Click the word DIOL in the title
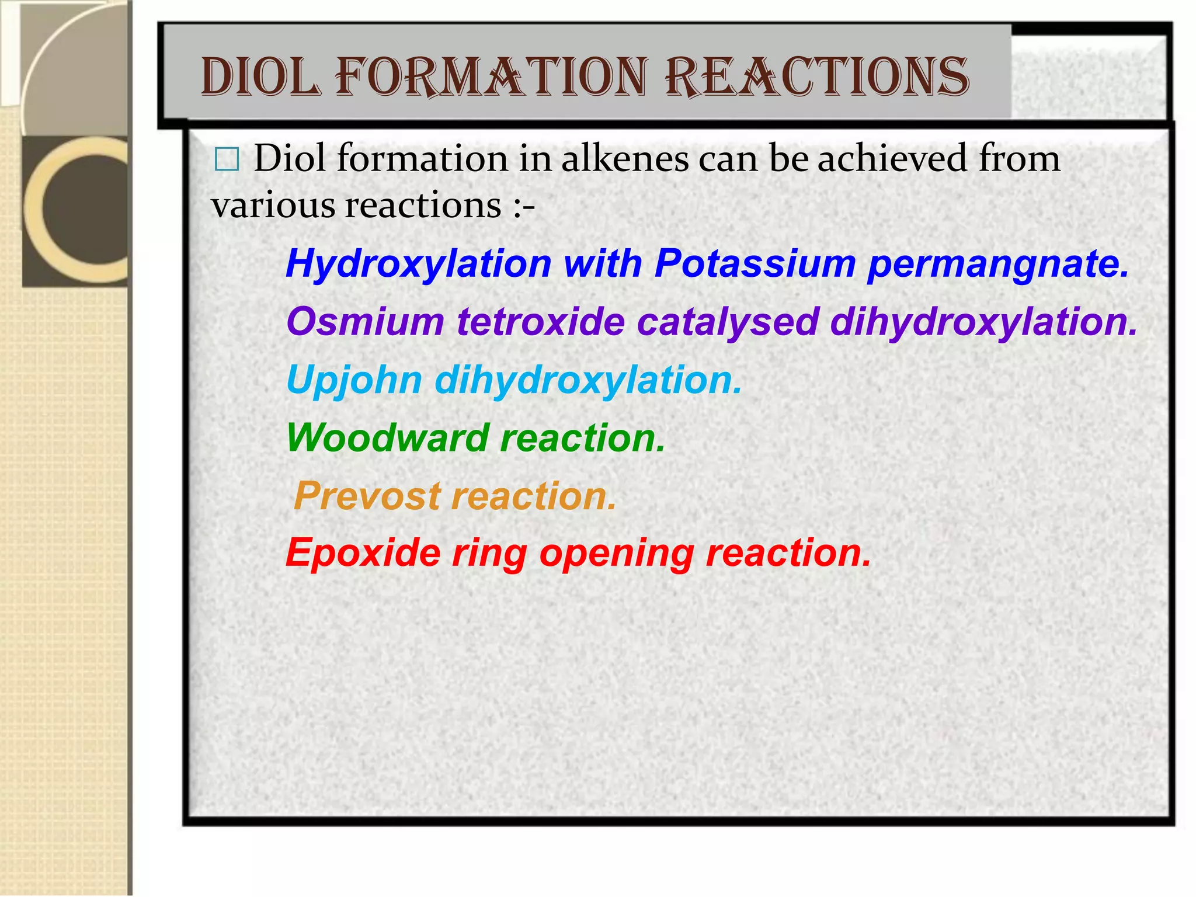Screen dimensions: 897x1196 pyautogui.click(x=261, y=78)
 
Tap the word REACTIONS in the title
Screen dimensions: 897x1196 pyautogui.click(x=817, y=78)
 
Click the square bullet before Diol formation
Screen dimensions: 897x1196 pyautogui.click(x=227, y=159)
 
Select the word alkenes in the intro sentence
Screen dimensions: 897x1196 pyautogui.click(x=625, y=159)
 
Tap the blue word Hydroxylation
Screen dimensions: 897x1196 pyautogui.click(x=418, y=263)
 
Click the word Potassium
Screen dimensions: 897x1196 pyautogui.click(x=755, y=263)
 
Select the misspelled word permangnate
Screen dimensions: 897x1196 pyautogui.click(x=998, y=265)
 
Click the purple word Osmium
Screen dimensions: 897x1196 pyautogui.click(x=366, y=322)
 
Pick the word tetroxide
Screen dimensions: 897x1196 pyautogui.click(x=541, y=322)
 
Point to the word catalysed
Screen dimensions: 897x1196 pyautogui.click(x=728, y=323)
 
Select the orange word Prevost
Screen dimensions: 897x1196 pyautogui.click(x=367, y=496)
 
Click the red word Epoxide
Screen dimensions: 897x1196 pyautogui.click(x=363, y=553)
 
